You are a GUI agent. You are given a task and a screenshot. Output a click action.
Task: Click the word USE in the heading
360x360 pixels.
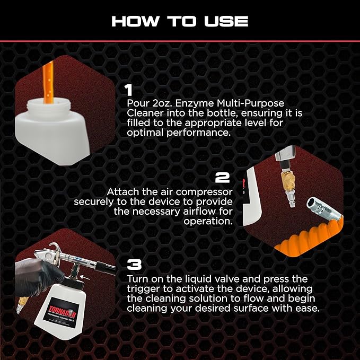(226, 21)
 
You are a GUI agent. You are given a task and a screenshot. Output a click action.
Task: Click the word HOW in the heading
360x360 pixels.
(135, 21)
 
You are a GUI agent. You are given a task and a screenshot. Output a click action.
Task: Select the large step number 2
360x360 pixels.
(222, 178)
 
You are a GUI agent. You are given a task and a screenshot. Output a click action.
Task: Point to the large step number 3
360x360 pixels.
(134, 265)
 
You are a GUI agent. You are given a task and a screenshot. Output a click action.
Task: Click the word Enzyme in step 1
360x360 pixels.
(195, 103)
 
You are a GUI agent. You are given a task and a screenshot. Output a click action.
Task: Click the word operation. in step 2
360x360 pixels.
(208, 222)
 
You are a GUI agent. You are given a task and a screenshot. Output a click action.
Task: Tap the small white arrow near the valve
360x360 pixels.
(84, 278)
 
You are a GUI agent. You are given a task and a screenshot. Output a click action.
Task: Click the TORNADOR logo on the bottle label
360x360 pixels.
(62, 309)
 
